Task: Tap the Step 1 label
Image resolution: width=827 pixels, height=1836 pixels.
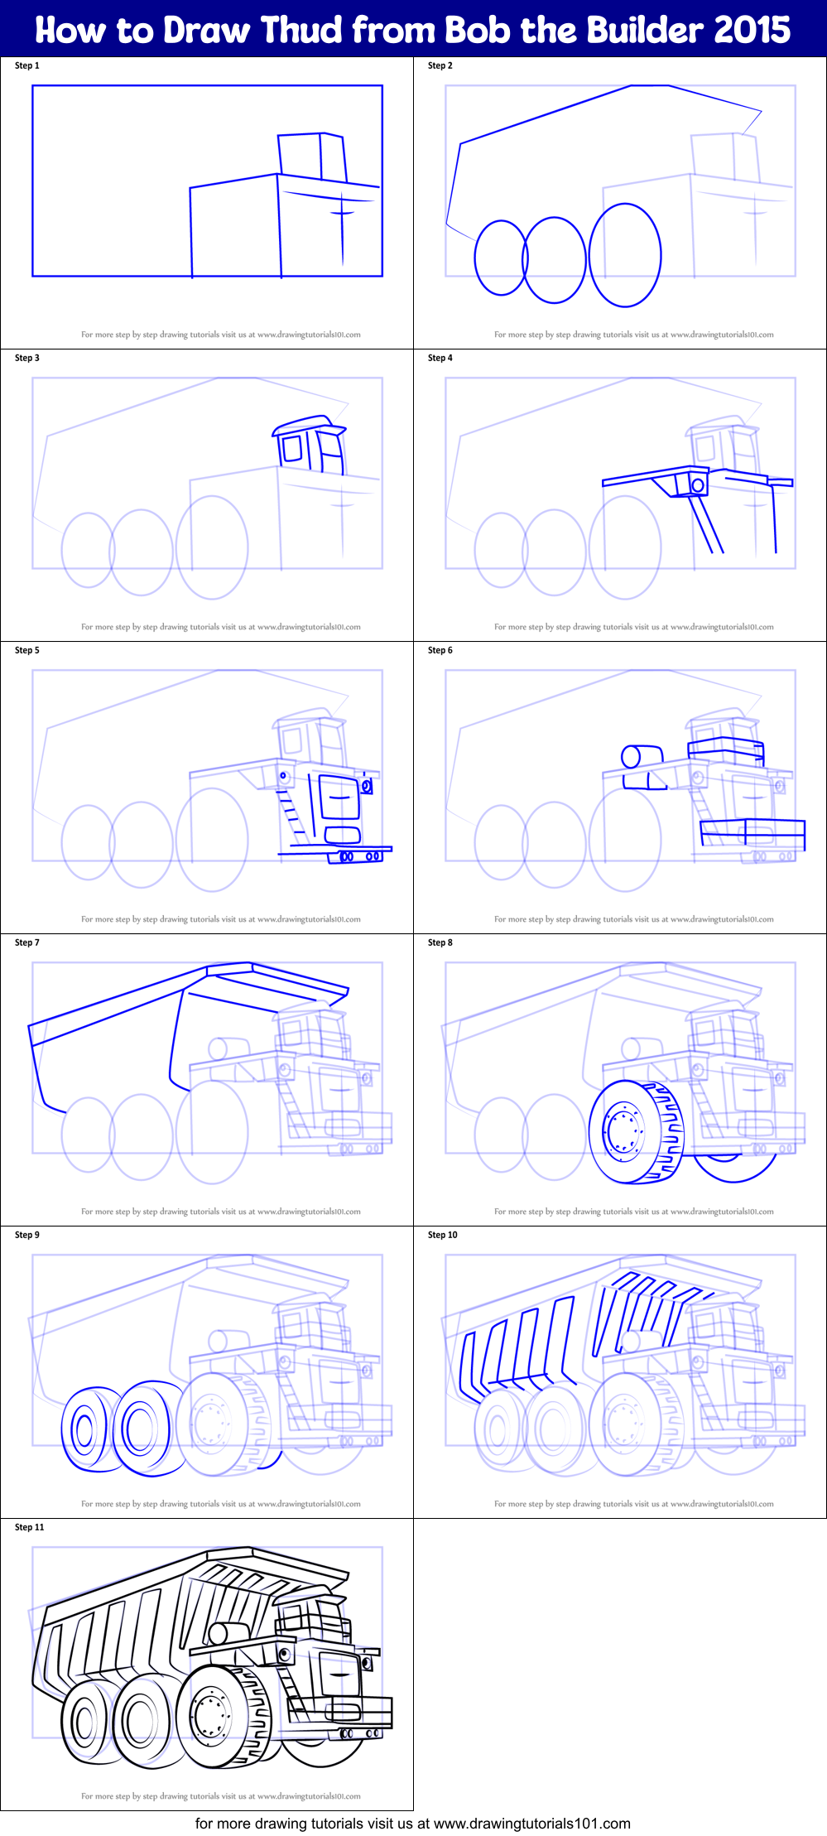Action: click(x=26, y=65)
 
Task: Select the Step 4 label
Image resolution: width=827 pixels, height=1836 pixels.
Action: click(x=440, y=358)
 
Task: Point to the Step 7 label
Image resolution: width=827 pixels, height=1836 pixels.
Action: click(x=26, y=942)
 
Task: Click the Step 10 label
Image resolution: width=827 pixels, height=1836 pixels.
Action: click(x=442, y=1235)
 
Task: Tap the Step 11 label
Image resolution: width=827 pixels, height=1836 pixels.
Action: click(x=29, y=1527)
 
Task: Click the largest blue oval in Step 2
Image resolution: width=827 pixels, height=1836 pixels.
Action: click(x=625, y=255)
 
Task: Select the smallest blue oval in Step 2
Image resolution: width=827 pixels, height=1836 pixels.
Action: click(x=500, y=258)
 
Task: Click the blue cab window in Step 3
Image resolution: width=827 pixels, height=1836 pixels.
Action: click(x=292, y=448)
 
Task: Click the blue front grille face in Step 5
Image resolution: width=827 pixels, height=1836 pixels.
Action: click(x=339, y=798)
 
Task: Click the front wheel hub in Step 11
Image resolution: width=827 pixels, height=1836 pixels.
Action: click(x=211, y=1714)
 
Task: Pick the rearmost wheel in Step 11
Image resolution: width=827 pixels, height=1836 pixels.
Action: click(x=85, y=1722)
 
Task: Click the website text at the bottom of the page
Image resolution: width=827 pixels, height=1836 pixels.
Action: click(x=412, y=1823)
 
